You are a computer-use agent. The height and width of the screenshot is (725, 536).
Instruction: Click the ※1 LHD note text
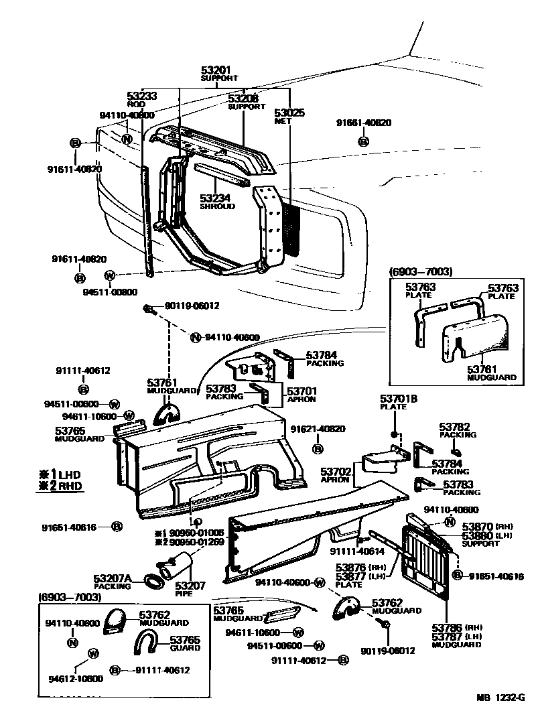(x=59, y=474)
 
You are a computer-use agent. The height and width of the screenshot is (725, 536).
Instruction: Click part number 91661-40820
(x=364, y=123)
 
